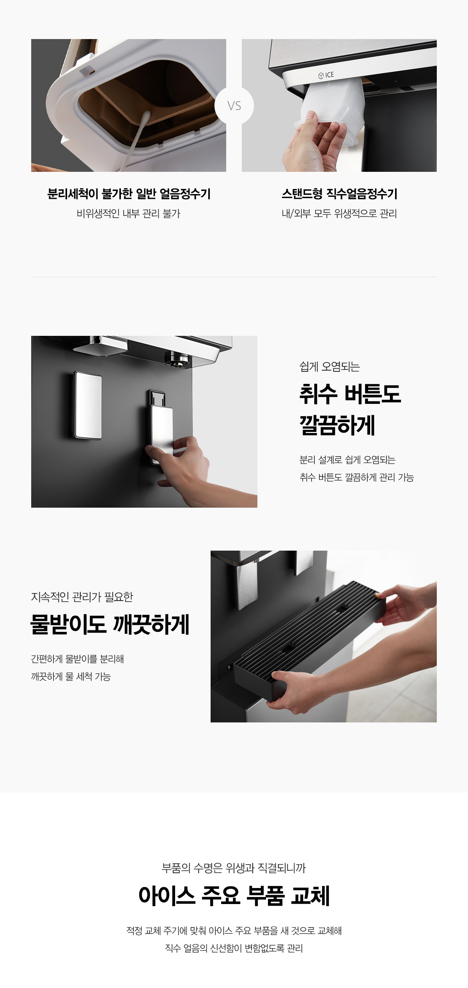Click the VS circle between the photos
click(x=234, y=105)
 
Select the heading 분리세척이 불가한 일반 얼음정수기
click(x=129, y=194)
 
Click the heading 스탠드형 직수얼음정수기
click(x=339, y=194)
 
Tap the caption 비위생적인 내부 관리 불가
click(x=129, y=214)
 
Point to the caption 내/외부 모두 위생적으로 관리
click(x=339, y=214)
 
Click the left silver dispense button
click(x=88, y=405)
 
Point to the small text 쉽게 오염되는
click(x=330, y=367)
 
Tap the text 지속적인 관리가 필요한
click(x=82, y=597)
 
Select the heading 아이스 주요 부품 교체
click(x=234, y=895)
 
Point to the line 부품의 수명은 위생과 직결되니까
click(x=234, y=868)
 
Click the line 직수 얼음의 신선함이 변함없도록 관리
click(x=234, y=948)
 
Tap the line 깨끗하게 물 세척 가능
click(x=71, y=676)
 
